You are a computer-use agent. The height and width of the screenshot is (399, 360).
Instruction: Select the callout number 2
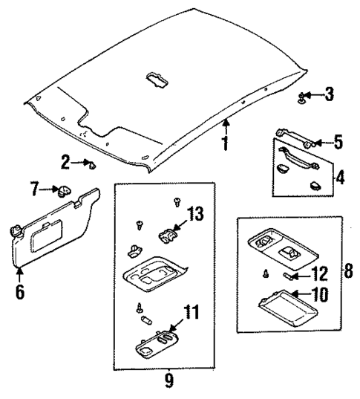66,161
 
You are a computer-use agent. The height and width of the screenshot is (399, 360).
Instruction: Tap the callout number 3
330,94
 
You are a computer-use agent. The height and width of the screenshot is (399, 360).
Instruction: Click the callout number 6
20,291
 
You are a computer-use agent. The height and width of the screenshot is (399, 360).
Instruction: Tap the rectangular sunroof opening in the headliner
157,78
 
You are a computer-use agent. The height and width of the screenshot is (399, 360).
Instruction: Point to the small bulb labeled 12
290,276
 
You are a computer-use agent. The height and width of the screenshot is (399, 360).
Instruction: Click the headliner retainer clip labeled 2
91,163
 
